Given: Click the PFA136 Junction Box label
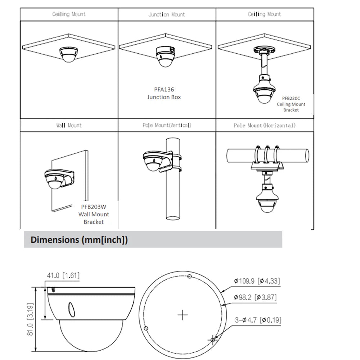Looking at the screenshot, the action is (164, 93).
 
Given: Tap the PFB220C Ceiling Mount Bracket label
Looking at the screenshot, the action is (291, 104).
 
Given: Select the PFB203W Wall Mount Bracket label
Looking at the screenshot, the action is (94, 214).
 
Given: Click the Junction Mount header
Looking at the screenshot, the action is (167, 14).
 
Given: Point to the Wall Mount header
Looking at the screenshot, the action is (69, 125).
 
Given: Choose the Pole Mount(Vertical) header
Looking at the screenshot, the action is (167, 125).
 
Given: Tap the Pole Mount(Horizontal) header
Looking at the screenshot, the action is (265, 125).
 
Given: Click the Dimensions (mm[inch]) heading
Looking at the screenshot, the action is (79, 240).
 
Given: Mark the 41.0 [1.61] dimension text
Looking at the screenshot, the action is (63, 275).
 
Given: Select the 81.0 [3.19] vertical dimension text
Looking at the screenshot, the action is (30, 319).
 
